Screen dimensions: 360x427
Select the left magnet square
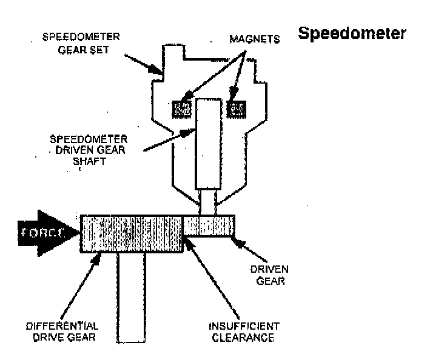coord(182,109)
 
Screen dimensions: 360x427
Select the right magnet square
coord(235,109)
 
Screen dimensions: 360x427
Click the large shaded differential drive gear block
coord(132,233)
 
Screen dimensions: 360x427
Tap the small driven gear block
coord(209,226)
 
